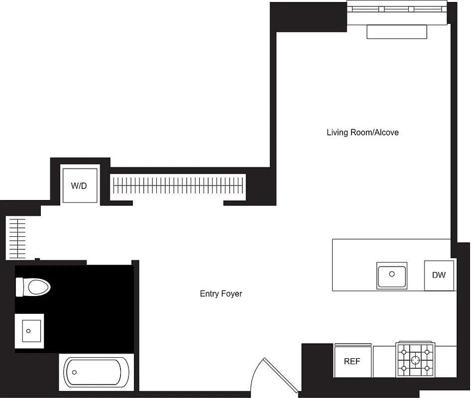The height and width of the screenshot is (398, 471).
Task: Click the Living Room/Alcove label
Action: click(x=362, y=132)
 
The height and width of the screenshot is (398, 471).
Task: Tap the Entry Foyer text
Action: click(x=221, y=294)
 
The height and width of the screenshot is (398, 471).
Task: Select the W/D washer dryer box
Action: click(x=80, y=186)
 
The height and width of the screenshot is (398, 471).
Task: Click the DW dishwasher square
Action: click(x=439, y=275)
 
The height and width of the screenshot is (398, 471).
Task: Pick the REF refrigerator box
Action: click(x=352, y=361)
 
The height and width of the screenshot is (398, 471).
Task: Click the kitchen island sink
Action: click(x=392, y=275)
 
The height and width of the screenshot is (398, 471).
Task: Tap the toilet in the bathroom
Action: click(x=34, y=287)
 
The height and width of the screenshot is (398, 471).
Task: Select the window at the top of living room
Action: click(x=397, y=9)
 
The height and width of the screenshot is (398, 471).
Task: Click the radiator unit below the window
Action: click(x=397, y=32)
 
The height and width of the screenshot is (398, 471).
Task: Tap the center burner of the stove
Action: click(x=415, y=359)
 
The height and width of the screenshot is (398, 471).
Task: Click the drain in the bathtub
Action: click(x=74, y=372)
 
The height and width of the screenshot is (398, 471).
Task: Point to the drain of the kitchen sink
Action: click(x=392, y=274)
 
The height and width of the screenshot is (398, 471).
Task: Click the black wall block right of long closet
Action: click(x=259, y=186)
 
